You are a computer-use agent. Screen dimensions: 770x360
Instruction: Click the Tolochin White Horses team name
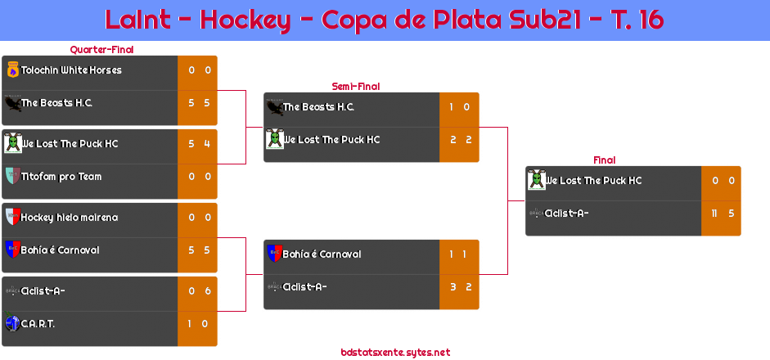71,70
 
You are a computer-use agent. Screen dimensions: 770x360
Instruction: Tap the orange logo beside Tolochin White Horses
13,70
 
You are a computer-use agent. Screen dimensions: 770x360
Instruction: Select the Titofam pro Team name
61,176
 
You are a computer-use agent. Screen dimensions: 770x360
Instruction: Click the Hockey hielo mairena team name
70,218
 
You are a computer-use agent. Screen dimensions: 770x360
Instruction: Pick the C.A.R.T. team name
38,324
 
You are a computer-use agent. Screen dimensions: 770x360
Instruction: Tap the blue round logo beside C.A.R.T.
12,323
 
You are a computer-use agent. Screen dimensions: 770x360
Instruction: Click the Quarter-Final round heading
101,50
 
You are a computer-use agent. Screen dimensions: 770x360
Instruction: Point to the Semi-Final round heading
356,87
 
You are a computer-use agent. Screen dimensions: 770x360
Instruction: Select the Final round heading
605,160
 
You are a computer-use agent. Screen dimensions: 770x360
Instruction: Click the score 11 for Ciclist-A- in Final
715,214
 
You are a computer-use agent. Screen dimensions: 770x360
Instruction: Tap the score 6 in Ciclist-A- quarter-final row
208,291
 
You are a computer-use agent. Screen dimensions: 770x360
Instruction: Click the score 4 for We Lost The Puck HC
207,144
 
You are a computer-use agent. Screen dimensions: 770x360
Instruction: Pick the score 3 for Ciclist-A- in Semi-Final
453,287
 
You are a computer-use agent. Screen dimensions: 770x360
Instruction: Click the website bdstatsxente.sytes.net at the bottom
395,353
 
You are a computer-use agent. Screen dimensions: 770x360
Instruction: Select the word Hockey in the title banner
245,20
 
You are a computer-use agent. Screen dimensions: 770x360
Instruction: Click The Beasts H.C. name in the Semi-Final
318,107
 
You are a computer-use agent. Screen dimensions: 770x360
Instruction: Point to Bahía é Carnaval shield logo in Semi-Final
274,254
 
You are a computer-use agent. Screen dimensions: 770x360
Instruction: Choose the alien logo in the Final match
536,180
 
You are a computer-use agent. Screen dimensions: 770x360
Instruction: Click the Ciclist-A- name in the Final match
567,214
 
